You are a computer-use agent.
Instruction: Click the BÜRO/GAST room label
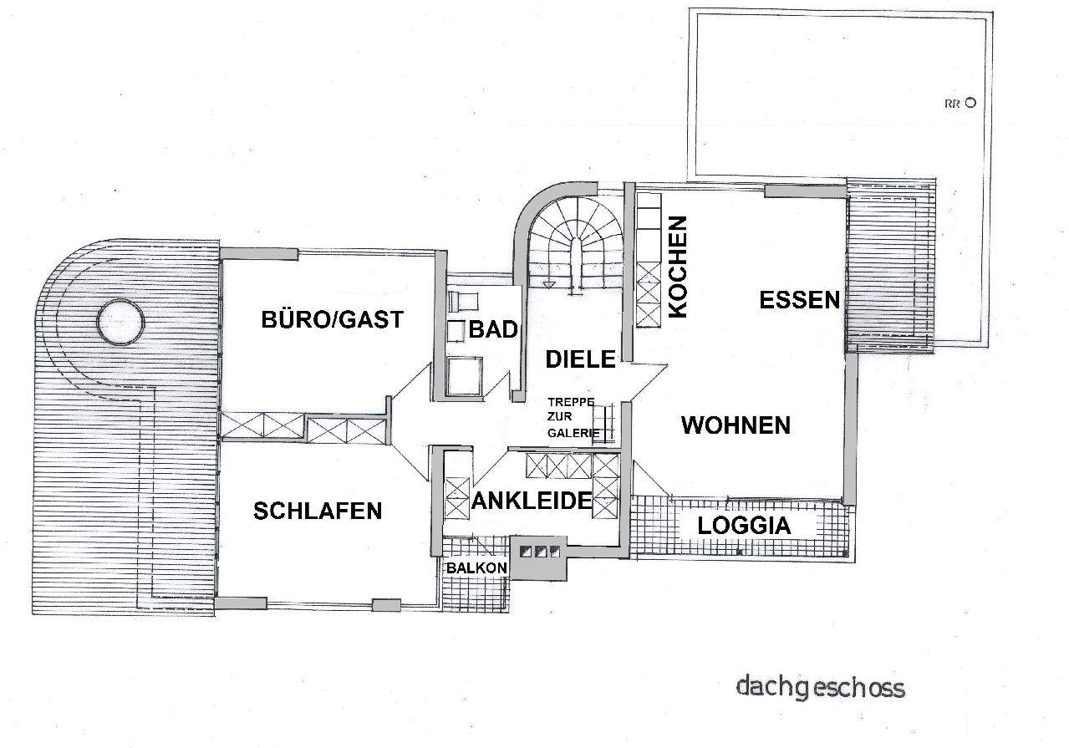coord(332,319)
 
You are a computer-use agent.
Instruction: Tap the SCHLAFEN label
coord(318,511)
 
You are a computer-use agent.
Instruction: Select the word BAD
coord(493,330)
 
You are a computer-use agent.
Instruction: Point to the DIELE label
coord(580,359)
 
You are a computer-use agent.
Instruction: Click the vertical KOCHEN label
coord(678,267)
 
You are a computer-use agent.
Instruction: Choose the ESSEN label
coord(799,300)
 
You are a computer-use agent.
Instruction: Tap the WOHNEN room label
coord(736,425)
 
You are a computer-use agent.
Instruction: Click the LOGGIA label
coord(744,526)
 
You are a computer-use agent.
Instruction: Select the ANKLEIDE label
coord(532,501)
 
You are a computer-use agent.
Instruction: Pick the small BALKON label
coord(476,568)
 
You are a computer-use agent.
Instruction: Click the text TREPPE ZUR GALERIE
coord(573,417)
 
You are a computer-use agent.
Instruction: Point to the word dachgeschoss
coord(821,688)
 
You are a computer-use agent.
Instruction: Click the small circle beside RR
coord(970,103)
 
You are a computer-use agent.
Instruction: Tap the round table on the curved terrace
coord(120,322)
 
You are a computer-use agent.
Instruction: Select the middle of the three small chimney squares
coord(541,552)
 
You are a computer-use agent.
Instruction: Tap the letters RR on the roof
coord(952,104)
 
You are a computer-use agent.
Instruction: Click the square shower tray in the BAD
coord(465,376)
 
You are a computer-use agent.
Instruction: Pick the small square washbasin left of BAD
coord(456,331)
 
